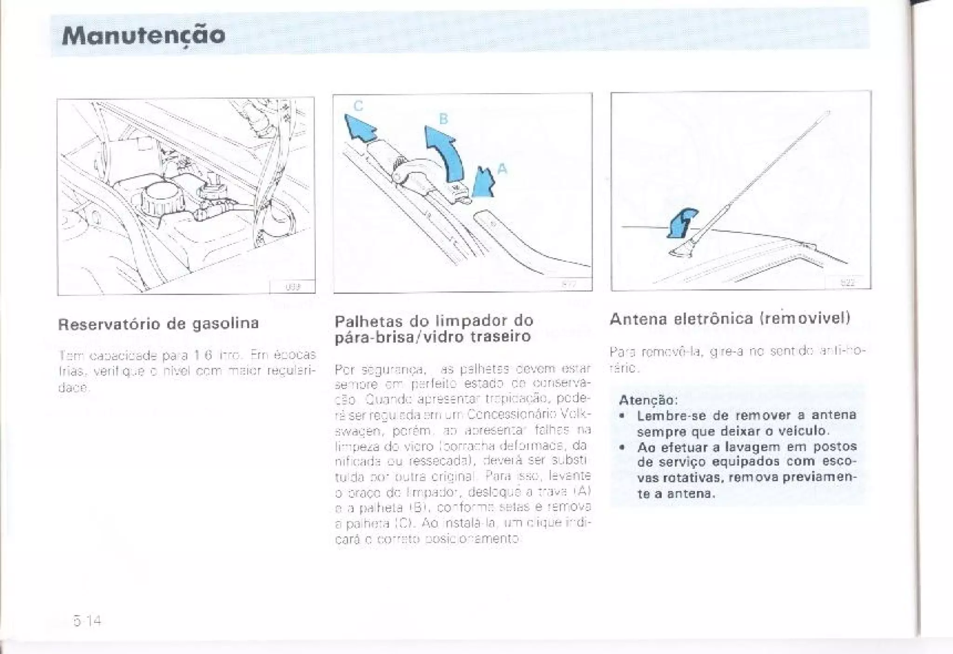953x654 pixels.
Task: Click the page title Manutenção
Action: tap(143, 35)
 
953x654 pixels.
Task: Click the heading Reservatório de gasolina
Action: tap(158, 324)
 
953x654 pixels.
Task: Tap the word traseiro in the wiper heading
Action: tap(501, 336)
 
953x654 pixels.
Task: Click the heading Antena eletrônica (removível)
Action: tap(730, 318)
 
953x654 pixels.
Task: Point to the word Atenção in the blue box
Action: tap(648, 400)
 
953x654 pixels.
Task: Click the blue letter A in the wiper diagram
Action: tap(502, 169)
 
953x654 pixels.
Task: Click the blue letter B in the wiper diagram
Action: tap(443, 119)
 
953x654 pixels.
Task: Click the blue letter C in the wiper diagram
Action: tap(358, 106)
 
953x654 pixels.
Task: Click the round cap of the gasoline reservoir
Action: tap(161, 197)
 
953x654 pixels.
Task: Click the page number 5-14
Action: tap(87, 620)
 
